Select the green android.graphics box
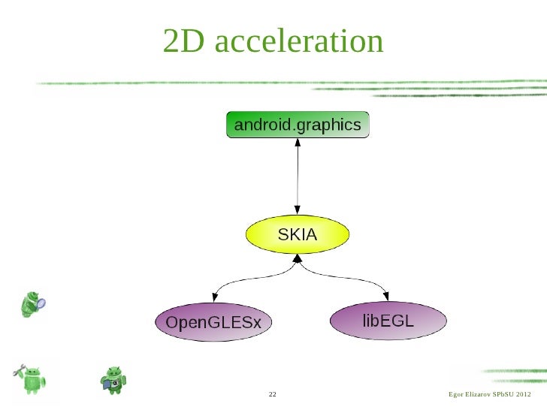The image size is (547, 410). click(x=298, y=125)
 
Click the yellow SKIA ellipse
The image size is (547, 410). click(x=298, y=235)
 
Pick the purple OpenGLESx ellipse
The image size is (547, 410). click(x=213, y=323)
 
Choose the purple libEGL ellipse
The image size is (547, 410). click(x=388, y=321)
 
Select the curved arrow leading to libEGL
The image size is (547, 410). click(x=353, y=277)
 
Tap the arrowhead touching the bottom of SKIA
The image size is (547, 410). click(x=298, y=259)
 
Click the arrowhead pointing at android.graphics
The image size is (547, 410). click(x=298, y=143)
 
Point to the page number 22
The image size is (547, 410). click(x=272, y=395)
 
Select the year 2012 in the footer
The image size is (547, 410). click(x=524, y=395)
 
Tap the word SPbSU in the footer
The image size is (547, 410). click(x=502, y=395)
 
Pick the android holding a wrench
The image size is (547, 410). click(x=32, y=380)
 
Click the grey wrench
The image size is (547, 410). click(x=20, y=370)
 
